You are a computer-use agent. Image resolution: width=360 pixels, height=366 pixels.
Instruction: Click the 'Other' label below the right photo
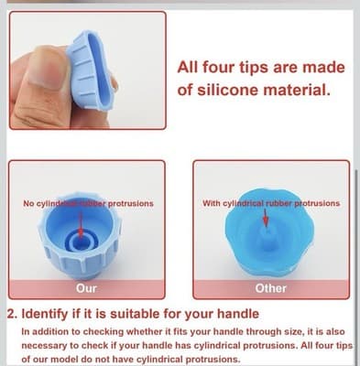click(270, 288)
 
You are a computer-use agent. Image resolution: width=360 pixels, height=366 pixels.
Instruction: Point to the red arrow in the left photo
click(81, 220)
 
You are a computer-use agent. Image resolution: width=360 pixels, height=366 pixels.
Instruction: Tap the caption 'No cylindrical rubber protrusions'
click(88, 203)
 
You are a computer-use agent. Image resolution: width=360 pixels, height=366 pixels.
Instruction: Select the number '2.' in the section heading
click(12, 313)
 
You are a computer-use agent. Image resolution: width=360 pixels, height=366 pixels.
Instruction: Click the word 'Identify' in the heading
click(49, 313)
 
